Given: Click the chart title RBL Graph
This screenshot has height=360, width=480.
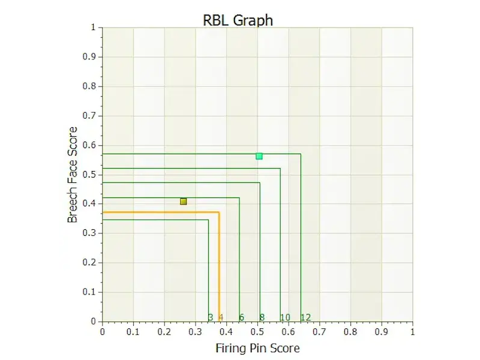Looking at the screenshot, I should click(x=239, y=20).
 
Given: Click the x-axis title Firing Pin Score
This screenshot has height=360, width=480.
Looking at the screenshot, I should click(x=257, y=348).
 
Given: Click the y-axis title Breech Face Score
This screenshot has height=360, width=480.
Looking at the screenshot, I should click(x=73, y=175).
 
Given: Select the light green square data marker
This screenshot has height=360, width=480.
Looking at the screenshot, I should click(x=259, y=156).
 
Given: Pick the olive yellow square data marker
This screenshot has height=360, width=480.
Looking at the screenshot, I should click(x=184, y=202).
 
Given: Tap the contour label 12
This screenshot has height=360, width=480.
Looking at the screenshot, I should click(x=305, y=317).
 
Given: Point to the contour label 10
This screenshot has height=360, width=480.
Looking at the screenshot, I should click(x=286, y=317).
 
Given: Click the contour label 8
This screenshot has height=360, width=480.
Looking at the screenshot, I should click(x=262, y=317).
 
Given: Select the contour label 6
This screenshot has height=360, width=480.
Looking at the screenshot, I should click(x=242, y=317).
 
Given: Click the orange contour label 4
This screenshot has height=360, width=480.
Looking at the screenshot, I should click(x=221, y=317).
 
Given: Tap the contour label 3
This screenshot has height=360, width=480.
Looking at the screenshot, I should click(x=211, y=317).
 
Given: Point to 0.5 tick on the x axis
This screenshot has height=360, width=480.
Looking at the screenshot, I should click(x=257, y=331).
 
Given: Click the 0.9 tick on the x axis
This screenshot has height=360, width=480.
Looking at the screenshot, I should click(x=382, y=331).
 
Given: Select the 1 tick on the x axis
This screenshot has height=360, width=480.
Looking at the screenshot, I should click(x=412, y=331).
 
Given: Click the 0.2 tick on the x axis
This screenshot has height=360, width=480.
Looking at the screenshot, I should click(x=164, y=331).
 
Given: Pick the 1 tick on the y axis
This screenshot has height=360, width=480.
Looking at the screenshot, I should click(x=93, y=28).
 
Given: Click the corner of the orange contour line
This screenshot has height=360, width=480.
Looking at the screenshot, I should click(x=219, y=212).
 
